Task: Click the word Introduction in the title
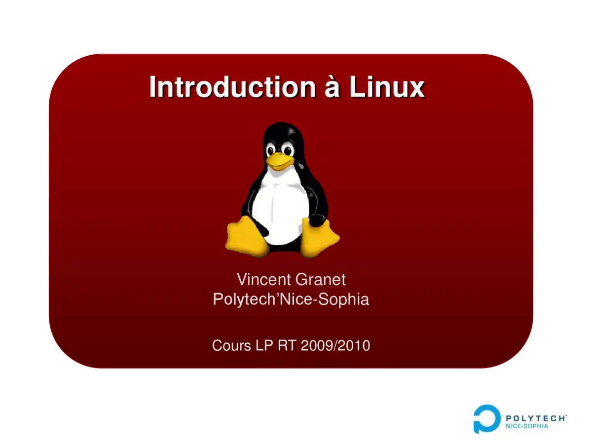tap(232, 87)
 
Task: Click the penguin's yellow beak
tap(279, 161)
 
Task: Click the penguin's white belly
tap(281, 207)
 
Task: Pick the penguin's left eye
tap(271, 148)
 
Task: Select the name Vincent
tap(264, 279)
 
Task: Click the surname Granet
tap(321, 279)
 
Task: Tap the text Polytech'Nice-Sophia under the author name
tap(291, 299)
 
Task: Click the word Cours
tap(231, 345)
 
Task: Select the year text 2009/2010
tap(335, 345)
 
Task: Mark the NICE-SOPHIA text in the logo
tap(526, 426)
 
